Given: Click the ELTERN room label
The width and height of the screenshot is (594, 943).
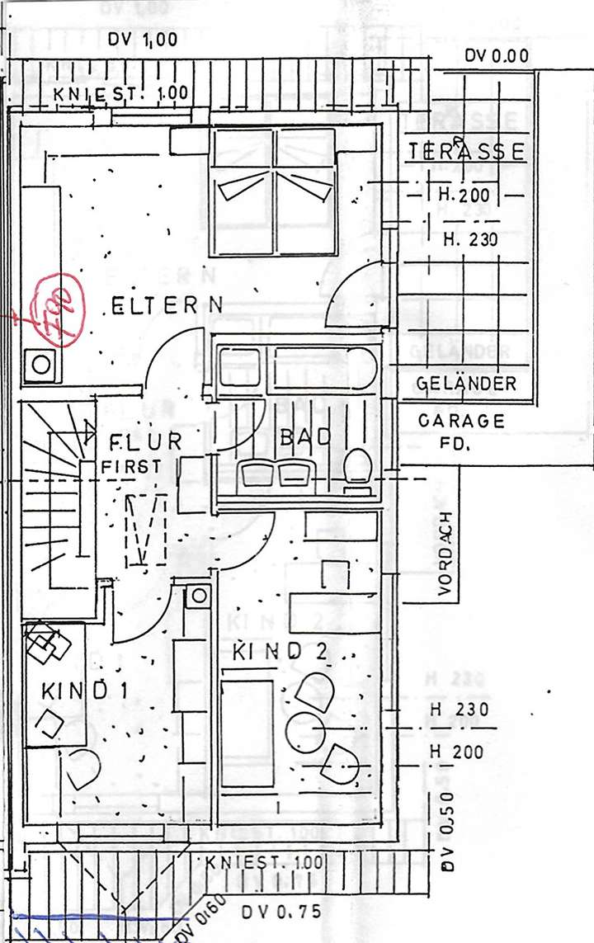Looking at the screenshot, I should pos(167,306).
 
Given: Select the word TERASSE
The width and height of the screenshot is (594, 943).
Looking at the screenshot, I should pos(466,152).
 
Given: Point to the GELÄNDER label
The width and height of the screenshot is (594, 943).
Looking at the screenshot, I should pos(466,384).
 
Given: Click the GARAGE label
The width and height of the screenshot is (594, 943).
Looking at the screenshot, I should pos(461,420).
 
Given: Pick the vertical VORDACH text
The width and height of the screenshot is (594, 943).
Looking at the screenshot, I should pos(445,554).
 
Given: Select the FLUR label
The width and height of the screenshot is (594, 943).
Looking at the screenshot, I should pos(144,441).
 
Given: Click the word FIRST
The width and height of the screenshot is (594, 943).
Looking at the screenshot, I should pos(132,466).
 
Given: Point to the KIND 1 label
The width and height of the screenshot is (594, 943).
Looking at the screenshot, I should pos(84,690).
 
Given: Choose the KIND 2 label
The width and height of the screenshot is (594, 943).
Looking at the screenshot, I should pos(280,652).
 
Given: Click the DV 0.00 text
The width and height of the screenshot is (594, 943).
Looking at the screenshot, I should pos(497,56).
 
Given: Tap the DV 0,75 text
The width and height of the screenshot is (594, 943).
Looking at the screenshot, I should pos(282,912).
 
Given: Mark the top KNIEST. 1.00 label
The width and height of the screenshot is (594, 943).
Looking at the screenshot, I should pos(121,93).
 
